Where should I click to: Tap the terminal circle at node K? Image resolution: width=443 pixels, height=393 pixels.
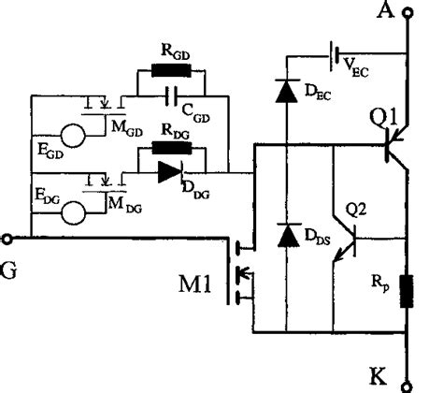pos(407,382)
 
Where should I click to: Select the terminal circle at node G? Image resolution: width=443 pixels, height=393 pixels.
pos(7,238)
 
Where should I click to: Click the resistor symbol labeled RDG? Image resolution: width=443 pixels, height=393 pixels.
pos(170,148)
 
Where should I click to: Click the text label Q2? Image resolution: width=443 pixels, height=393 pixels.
pos(359,208)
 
